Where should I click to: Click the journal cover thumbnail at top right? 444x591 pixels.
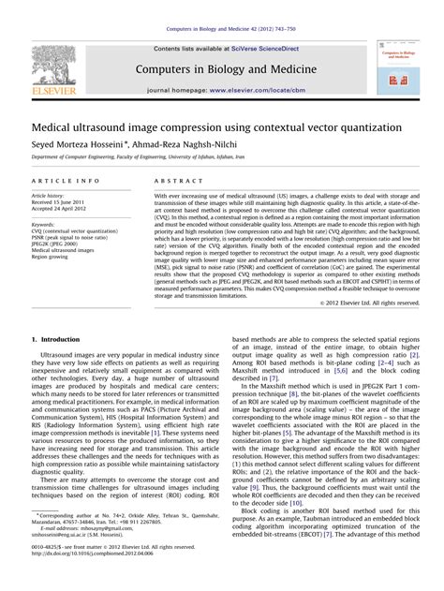[399, 68]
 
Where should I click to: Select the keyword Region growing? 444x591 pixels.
[56, 256]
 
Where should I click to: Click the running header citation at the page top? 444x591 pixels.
[222, 9]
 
